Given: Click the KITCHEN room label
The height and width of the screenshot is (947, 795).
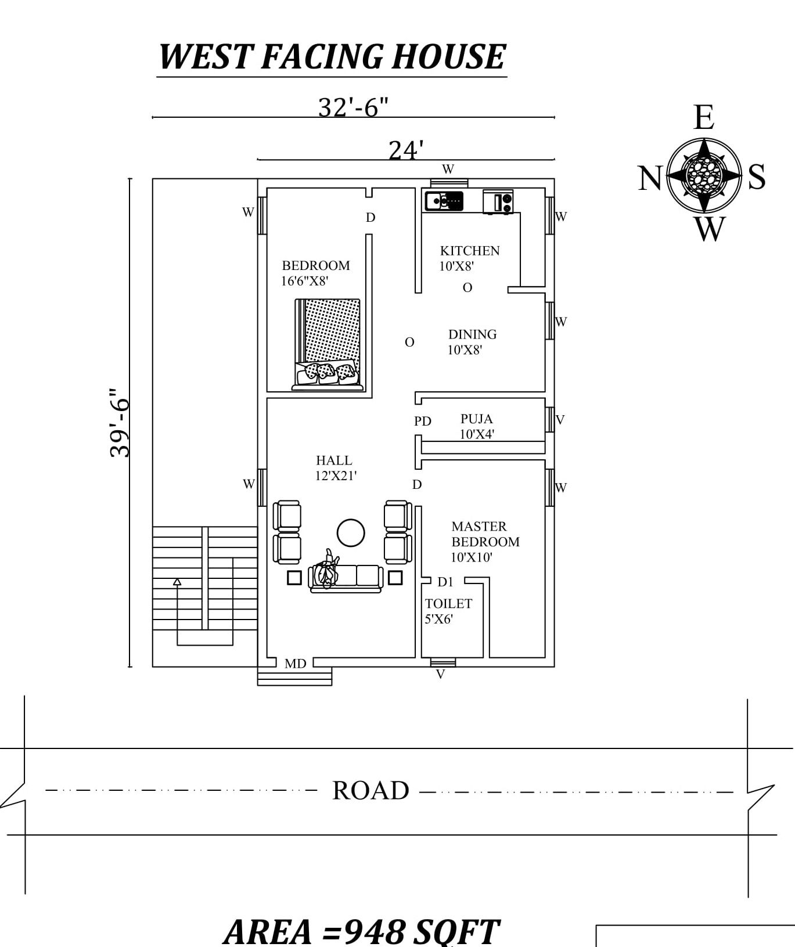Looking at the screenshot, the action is tap(469, 251).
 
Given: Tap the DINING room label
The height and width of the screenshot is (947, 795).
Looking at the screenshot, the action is tap(472, 334).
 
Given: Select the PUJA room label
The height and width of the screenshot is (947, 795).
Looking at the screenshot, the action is tap(476, 419).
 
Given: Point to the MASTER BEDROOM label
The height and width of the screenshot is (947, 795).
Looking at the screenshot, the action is tap(485, 534).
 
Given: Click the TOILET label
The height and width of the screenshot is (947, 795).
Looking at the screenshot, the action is tap(448, 604).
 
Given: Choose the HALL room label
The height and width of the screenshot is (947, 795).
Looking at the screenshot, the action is tap(334, 460).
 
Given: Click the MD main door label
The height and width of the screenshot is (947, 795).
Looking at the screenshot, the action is tap(295, 663).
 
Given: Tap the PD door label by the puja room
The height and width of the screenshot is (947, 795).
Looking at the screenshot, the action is tap(423, 421).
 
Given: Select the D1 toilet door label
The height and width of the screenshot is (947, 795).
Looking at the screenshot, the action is tap(445, 582).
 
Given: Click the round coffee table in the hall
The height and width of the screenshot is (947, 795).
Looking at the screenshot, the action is tap(351, 532).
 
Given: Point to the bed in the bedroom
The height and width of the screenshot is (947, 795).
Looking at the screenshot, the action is tap(328, 344).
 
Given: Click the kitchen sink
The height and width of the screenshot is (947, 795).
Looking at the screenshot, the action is tap(444, 201).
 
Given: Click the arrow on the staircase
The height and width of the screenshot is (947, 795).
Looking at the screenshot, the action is tap(177, 581).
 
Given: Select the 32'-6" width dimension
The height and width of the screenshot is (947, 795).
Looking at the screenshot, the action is tap(353, 107).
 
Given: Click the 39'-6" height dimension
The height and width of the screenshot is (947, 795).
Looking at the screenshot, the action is tap(120, 423).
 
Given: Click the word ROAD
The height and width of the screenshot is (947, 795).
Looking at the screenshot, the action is tap(370, 791).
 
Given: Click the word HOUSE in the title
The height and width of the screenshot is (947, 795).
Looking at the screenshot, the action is tap(448, 57).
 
